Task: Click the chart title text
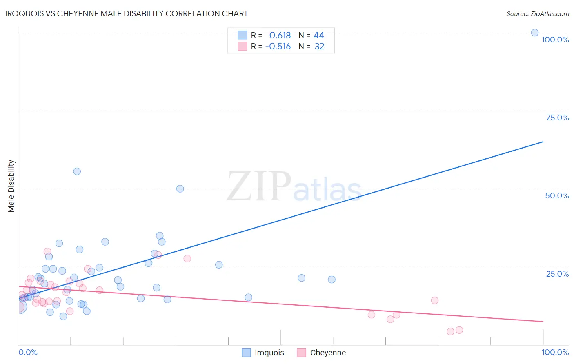pyautogui.click(x=127, y=13)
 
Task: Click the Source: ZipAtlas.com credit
pyautogui.click(x=537, y=13)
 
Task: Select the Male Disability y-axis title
pyautogui.click(x=11, y=186)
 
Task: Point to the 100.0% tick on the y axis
pyautogui.click(x=555, y=40)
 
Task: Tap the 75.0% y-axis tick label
pyautogui.click(x=557, y=118)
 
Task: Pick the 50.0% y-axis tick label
pyautogui.click(x=557, y=195)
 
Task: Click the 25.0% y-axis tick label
pyautogui.click(x=557, y=274)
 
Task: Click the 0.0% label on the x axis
pyautogui.click(x=28, y=352)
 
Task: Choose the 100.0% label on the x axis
pyautogui.click(x=555, y=352)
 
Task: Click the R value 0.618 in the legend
pyautogui.click(x=280, y=36)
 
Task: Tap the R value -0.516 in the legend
pyautogui.click(x=278, y=47)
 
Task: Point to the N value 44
pyautogui.click(x=319, y=36)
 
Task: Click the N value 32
pyautogui.click(x=319, y=47)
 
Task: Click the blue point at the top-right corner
pyautogui.click(x=534, y=33)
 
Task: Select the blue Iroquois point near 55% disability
pyautogui.click(x=77, y=171)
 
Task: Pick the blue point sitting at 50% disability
pyautogui.click(x=180, y=189)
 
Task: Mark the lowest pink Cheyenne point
pyautogui.click(x=450, y=331)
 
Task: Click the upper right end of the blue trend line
pyautogui.click(x=543, y=142)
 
